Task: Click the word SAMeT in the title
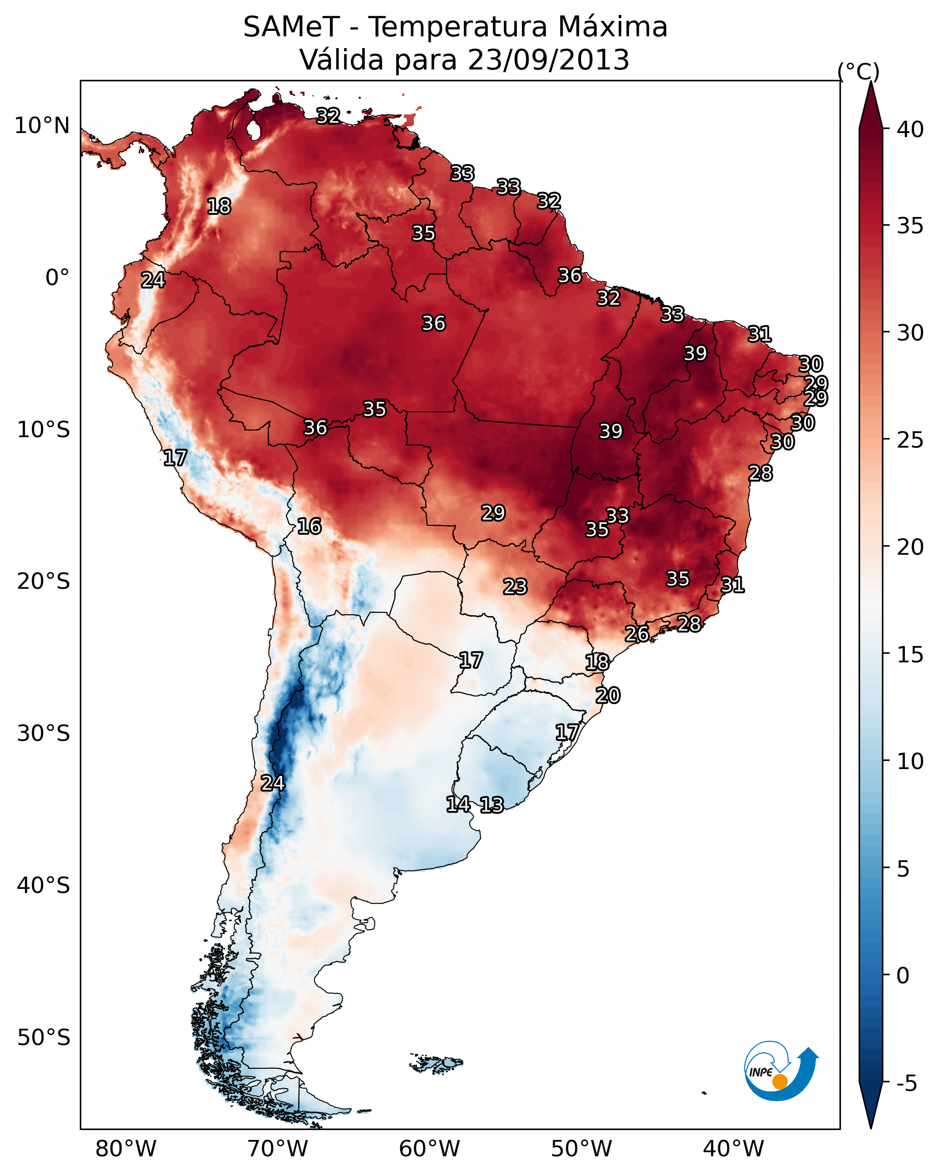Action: click(x=291, y=27)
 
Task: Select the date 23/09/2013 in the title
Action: click(x=548, y=60)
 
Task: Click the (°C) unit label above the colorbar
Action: click(x=858, y=71)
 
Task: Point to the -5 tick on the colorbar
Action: click(x=906, y=1083)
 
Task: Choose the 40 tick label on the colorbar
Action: click(x=910, y=129)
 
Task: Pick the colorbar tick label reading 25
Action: click(x=910, y=439)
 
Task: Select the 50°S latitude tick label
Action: click(x=44, y=1038)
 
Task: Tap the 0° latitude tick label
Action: click(x=57, y=278)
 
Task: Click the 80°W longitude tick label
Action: click(x=126, y=1149)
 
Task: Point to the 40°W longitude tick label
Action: click(x=733, y=1149)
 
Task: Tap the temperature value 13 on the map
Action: click(x=491, y=805)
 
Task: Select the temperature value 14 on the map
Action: click(x=458, y=804)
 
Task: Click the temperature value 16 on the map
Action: click(x=309, y=526)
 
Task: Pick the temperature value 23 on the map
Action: click(x=515, y=587)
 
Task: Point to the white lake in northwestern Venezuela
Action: click(x=253, y=130)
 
